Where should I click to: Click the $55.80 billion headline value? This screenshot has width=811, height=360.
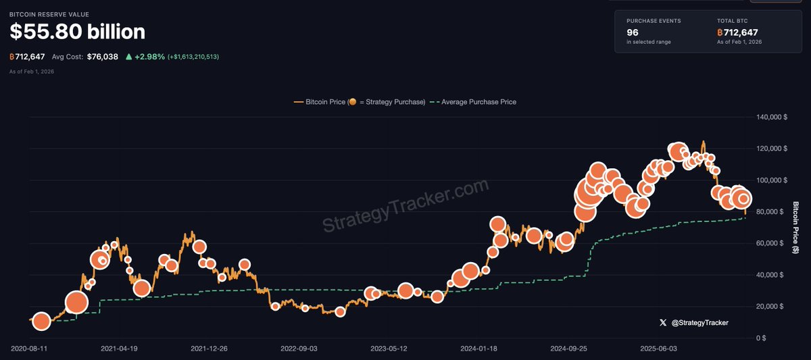pyautogui.click(x=77, y=32)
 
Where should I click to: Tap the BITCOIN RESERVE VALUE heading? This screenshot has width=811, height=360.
pyautogui.click(x=49, y=14)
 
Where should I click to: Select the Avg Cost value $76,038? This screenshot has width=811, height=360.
pyautogui.click(x=102, y=57)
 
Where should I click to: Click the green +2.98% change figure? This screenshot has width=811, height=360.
pyautogui.click(x=149, y=57)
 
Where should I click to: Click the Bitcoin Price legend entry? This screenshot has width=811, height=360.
pyautogui.click(x=360, y=102)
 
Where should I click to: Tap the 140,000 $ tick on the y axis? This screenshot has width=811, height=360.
pyautogui.click(x=770, y=117)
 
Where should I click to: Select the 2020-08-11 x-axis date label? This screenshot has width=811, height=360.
pyautogui.click(x=29, y=349)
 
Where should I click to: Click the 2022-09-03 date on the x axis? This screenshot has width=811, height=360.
pyautogui.click(x=299, y=349)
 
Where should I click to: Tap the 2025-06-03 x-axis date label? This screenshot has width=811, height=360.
pyautogui.click(x=658, y=349)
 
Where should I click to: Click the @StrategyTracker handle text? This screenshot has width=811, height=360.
pyautogui.click(x=700, y=323)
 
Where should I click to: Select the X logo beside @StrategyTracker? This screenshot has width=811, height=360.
pyautogui.click(x=663, y=323)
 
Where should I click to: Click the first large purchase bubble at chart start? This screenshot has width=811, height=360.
pyautogui.click(x=41, y=322)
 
